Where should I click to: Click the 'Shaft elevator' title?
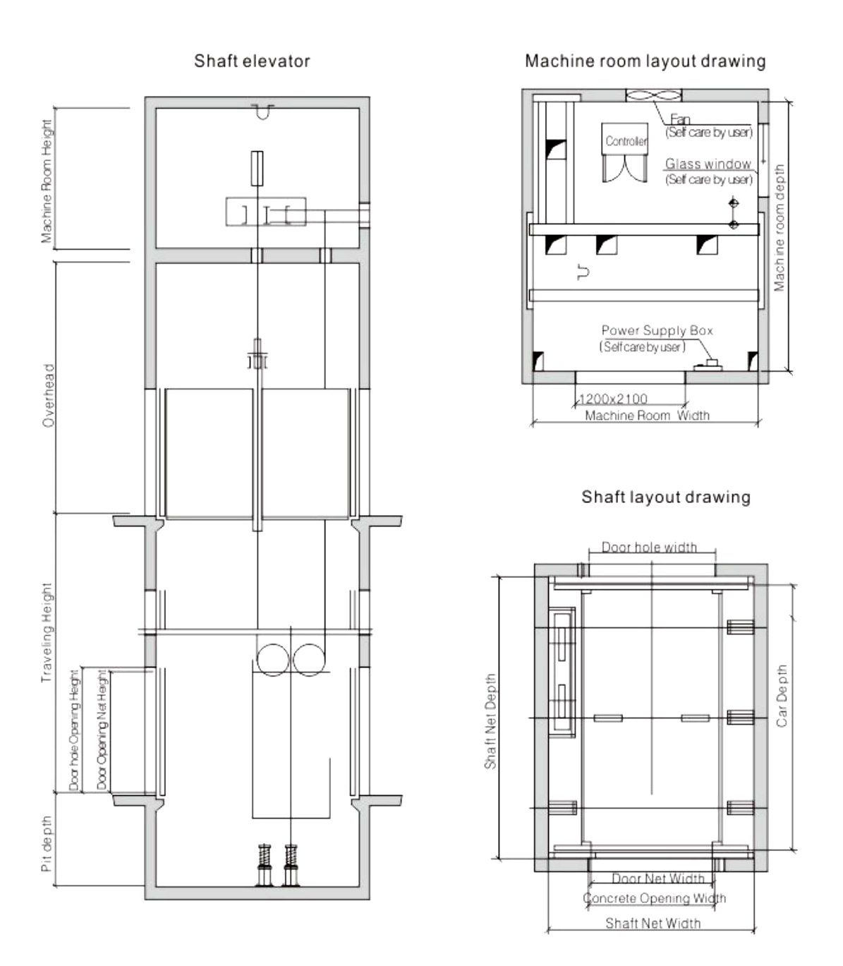click(252, 61)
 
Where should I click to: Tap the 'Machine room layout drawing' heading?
click(645, 61)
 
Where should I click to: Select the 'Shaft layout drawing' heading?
click(665, 497)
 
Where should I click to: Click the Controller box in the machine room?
click(624, 139)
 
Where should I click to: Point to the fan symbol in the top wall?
click(654, 95)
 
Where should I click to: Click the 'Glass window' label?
click(708, 164)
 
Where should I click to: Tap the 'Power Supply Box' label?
click(657, 330)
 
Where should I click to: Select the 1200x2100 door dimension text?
click(613, 399)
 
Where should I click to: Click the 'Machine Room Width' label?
click(647, 416)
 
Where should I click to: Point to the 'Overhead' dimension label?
click(49, 396)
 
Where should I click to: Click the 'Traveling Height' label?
click(47, 633)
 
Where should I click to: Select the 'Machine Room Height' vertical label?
click(47, 181)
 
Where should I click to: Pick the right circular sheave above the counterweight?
click(309, 660)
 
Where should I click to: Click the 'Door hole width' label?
click(649, 547)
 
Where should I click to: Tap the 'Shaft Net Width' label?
click(653, 923)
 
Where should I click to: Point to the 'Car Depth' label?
click(782, 696)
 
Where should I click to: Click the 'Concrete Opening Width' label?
click(654, 898)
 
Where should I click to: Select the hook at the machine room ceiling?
click(262, 111)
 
